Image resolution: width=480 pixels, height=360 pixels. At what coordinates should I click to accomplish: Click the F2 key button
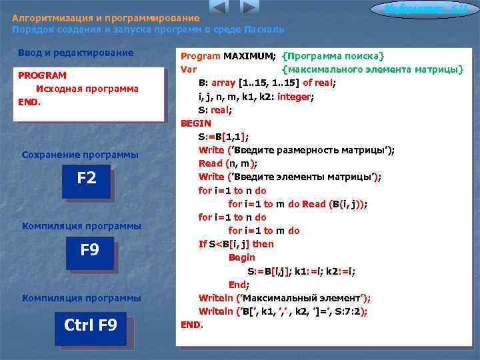[86, 179]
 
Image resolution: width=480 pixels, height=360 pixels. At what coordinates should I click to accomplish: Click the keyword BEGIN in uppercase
[196, 123]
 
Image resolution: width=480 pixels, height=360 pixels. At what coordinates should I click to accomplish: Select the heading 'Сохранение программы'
[80, 155]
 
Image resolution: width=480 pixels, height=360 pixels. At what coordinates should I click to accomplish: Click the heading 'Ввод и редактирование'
[76, 53]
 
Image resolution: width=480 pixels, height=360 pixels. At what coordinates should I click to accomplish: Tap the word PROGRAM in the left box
[42, 75]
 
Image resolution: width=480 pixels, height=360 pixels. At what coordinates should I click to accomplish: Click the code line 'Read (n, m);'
[228, 163]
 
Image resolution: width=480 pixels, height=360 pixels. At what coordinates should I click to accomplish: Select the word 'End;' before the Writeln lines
[239, 284]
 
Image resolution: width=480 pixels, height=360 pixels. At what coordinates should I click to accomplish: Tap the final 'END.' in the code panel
[192, 325]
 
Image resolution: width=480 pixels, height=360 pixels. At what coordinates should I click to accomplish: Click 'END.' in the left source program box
[29, 102]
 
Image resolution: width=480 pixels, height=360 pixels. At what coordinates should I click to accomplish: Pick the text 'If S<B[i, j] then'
[236, 244]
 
